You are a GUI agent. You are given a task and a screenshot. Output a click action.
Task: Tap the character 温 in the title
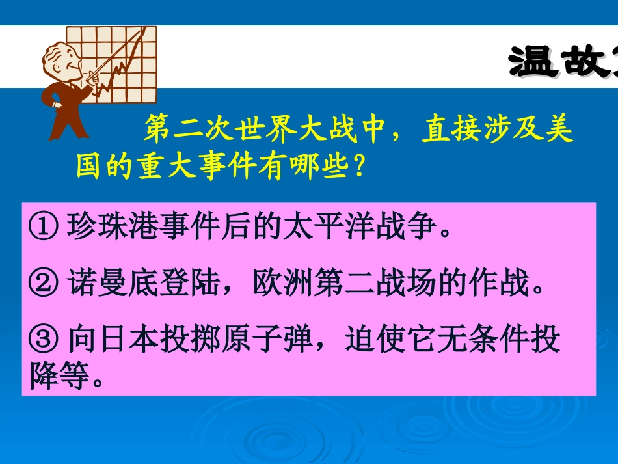coord(533,63)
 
